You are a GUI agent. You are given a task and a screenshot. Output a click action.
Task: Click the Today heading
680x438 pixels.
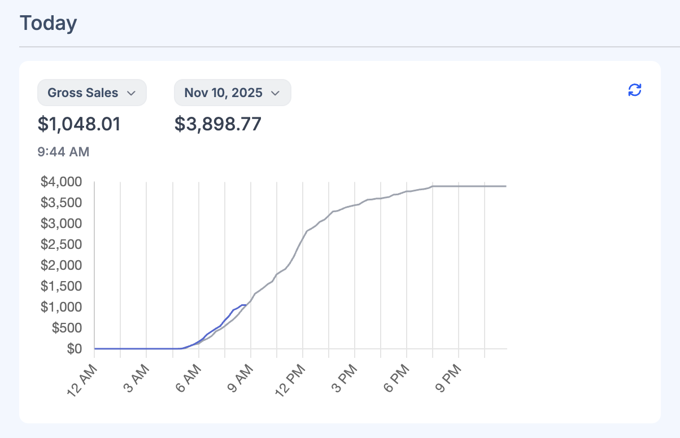point(48,24)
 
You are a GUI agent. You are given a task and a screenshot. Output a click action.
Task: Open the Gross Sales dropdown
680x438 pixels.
point(91,93)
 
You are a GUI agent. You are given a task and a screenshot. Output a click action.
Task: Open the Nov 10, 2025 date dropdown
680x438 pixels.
point(232,93)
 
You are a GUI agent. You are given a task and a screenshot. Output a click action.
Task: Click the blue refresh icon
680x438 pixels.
point(635,90)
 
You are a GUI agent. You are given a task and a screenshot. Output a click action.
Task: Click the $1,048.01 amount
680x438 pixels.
point(79,124)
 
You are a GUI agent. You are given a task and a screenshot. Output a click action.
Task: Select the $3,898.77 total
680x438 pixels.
point(217,124)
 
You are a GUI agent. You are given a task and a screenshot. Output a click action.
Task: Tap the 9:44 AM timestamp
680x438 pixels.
point(63,152)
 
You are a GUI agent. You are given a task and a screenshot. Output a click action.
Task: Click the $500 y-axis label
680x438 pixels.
point(66,328)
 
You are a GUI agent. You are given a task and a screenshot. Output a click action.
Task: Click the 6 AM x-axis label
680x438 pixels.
point(188,380)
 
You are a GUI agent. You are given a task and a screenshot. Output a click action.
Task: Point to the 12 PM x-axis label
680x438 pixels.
point(291,380)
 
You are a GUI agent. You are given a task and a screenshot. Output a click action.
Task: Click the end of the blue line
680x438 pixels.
point(246,305)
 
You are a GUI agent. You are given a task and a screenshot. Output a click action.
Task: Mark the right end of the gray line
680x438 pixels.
point(505,186)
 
